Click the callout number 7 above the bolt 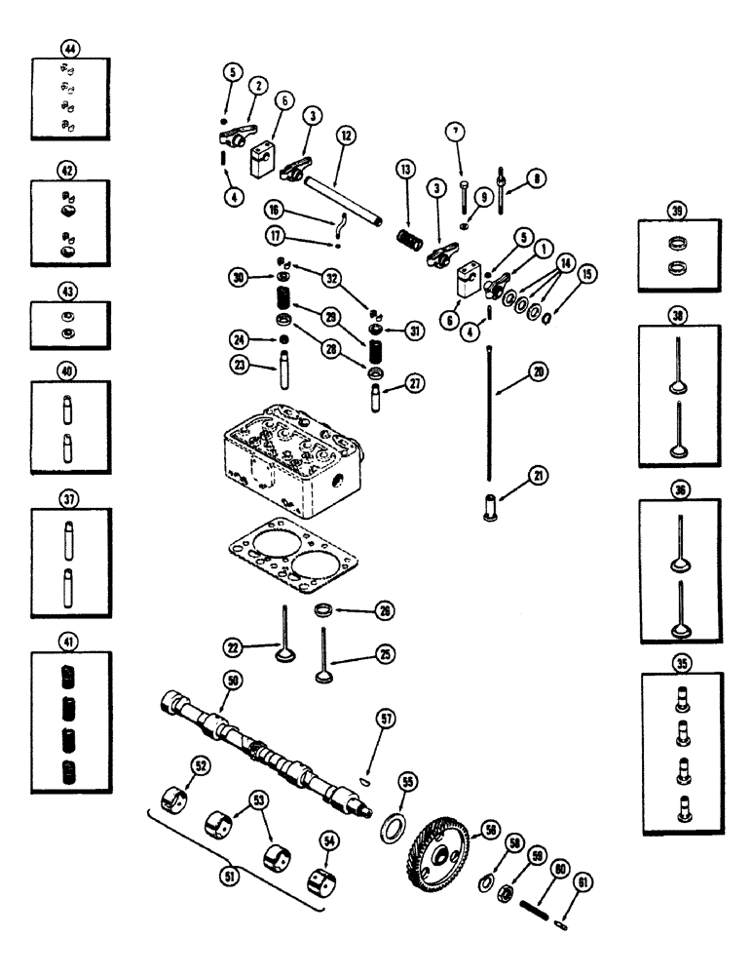(453, 131)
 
